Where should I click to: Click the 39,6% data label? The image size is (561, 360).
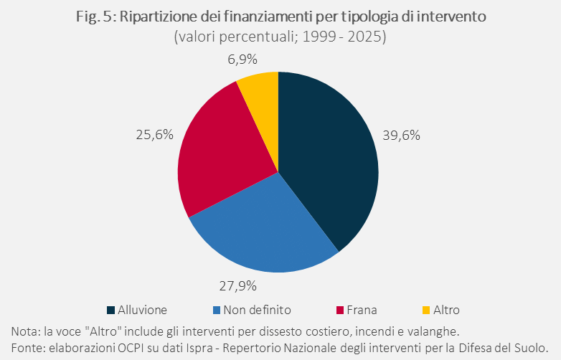400,134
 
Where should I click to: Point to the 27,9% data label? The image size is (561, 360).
237,286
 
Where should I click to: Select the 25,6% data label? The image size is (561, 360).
154,133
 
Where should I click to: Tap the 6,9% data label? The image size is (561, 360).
242,60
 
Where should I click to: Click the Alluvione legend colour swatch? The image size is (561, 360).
111,311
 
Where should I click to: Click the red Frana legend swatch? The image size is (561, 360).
341,311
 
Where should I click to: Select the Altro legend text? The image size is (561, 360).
445,311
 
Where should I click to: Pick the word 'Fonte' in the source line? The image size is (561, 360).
27,346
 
